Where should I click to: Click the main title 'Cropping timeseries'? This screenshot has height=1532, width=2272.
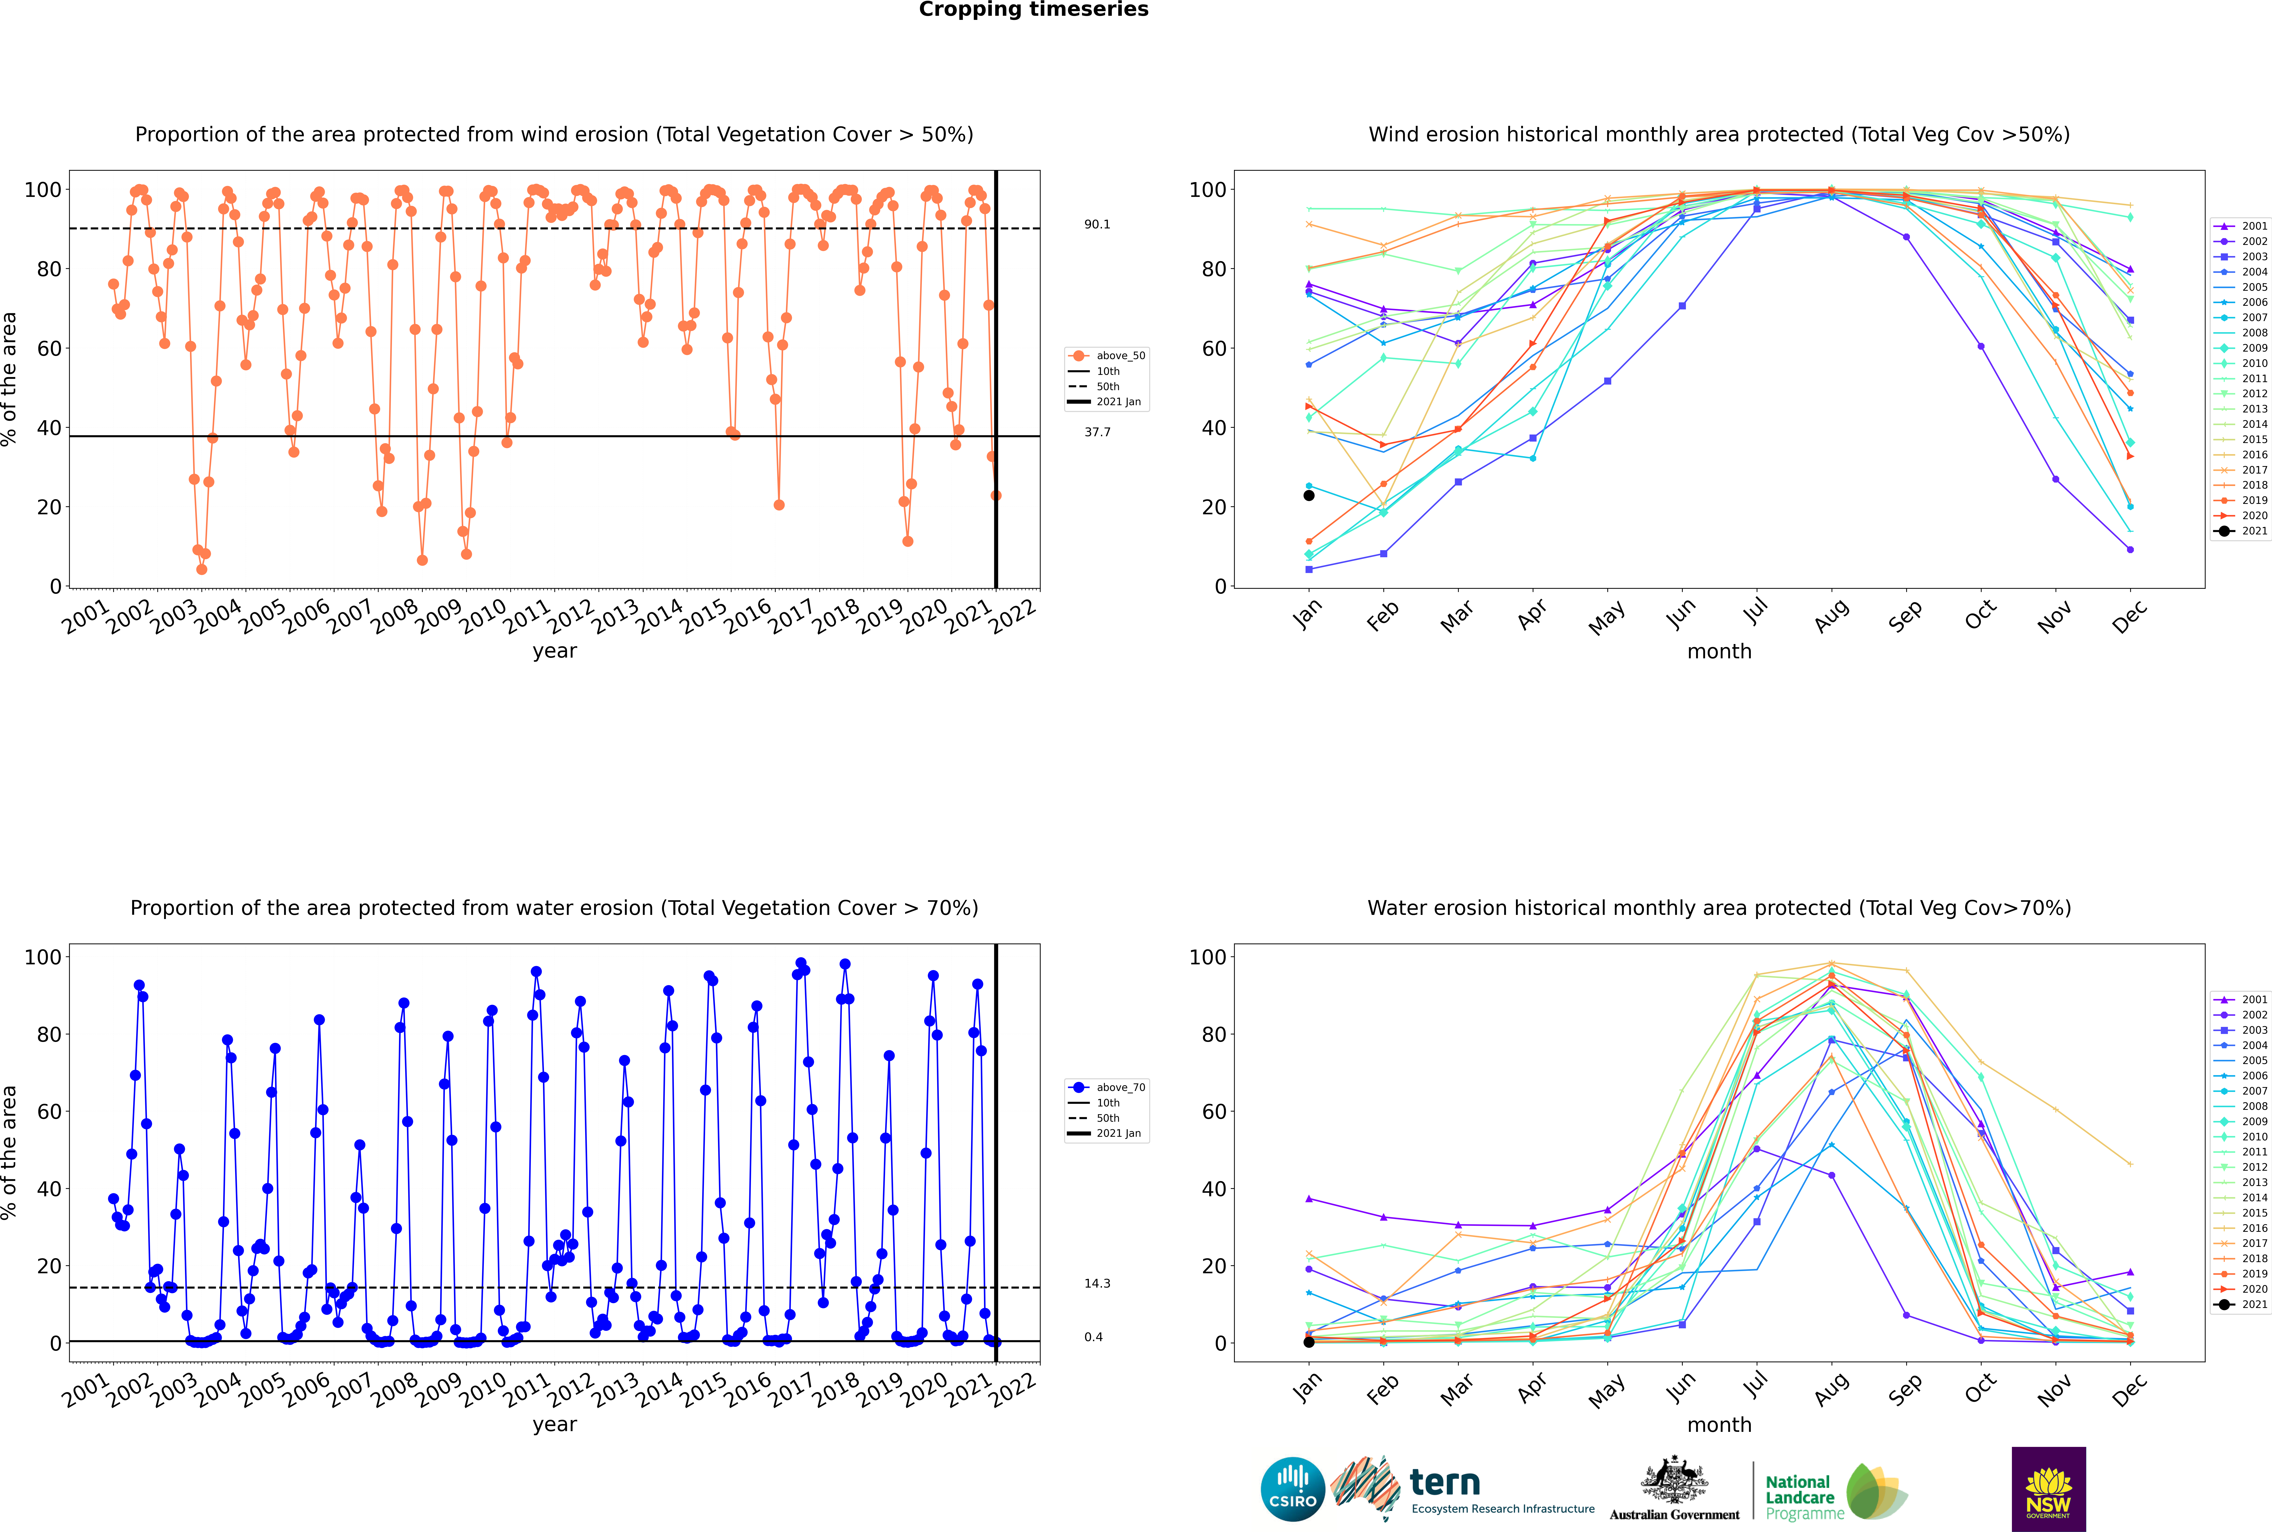coord(1033,10)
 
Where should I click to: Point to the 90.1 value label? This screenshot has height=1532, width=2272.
coord(1097,225)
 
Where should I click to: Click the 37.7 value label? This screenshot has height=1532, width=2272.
coord(1097,432)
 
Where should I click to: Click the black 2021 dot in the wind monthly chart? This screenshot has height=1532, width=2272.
coord(1309,495)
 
